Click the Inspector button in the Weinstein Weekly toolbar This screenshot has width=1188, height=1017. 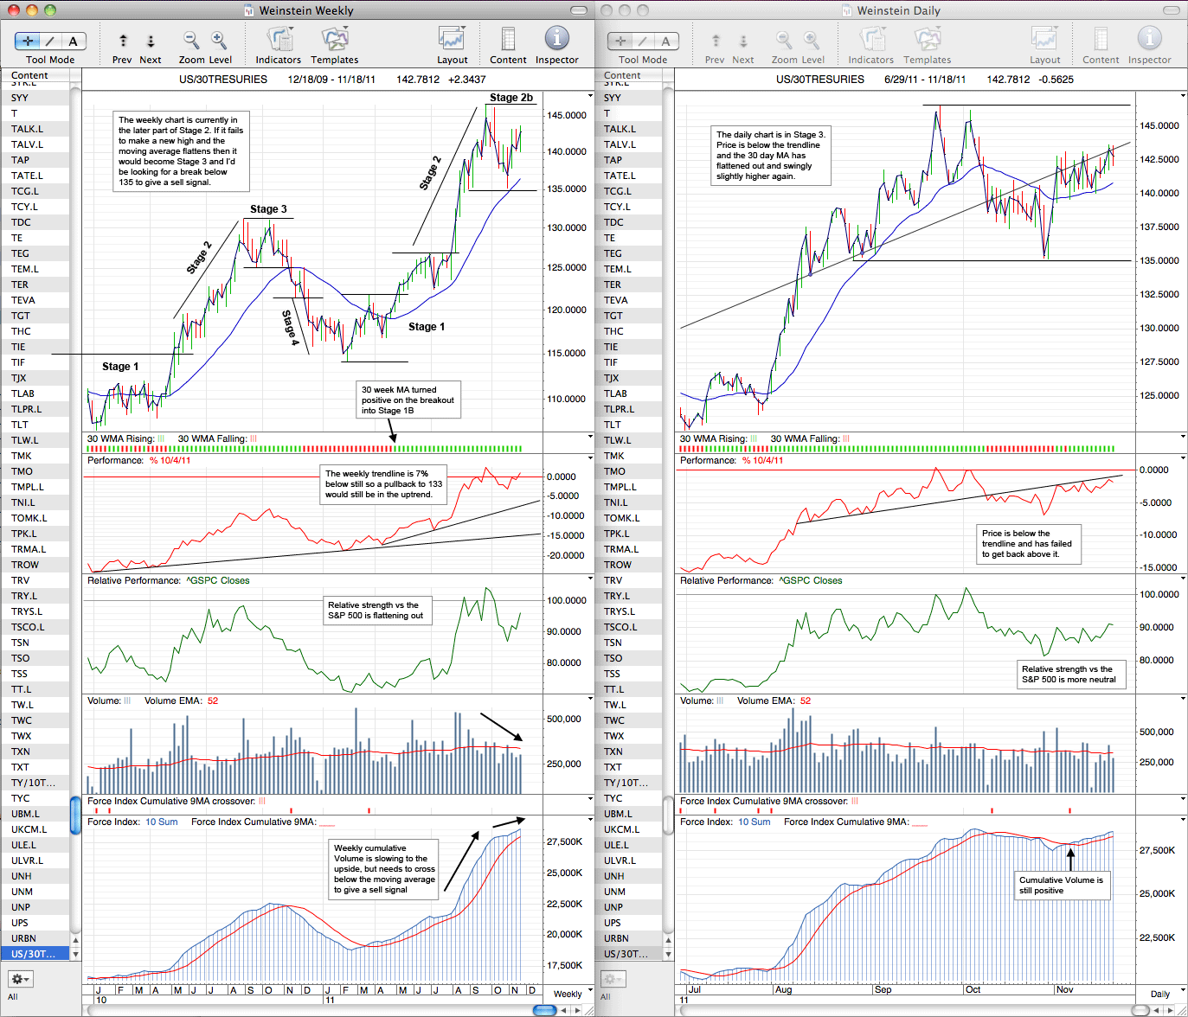pos(556,45)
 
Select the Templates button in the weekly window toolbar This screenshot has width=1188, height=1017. pos(335,45)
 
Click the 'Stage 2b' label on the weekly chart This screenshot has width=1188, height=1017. pos(511,98)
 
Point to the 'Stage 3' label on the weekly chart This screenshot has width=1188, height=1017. pos(268,209)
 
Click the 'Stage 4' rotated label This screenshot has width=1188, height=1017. pos(290,328)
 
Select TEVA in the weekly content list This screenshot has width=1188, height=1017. pos(23,300)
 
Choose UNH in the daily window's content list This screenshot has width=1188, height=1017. pos(613,876)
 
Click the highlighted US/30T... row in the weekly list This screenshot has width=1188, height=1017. pos(34,954)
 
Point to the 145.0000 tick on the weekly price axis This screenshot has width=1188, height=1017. pos(566,115)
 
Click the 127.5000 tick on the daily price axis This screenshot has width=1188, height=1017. pos(1159,361)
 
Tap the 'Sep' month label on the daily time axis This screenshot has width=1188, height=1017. pos(883,989)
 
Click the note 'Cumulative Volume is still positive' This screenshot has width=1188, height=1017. pos(1061,885)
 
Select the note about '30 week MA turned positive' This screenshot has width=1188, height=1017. pos(408,400)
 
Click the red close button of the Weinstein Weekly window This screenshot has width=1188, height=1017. pos(14,10)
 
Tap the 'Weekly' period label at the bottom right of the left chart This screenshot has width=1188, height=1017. pos(568,994)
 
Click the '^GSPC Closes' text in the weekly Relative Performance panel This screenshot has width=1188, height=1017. pos(218,580)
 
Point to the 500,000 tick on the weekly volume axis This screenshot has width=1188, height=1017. pos(564,719)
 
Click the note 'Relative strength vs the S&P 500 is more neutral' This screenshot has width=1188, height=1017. pos(1069,674)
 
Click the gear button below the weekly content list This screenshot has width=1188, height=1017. pos(20,978)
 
